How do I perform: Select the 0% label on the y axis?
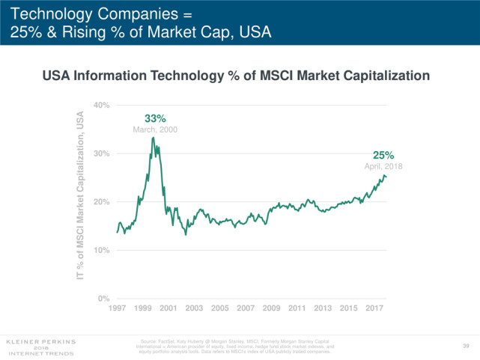point(104,299)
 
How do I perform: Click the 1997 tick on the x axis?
point(117,308)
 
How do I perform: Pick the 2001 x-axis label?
point(168,308)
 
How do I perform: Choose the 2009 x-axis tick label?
point(271,308)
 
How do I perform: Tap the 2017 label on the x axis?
point(374,308)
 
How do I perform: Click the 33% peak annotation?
point(155,118)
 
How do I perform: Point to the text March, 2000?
point(155,129)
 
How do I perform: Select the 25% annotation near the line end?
point(383,155)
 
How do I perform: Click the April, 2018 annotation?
point(383,166)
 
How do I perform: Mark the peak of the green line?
point(153,138)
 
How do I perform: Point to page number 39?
point(466,346)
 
